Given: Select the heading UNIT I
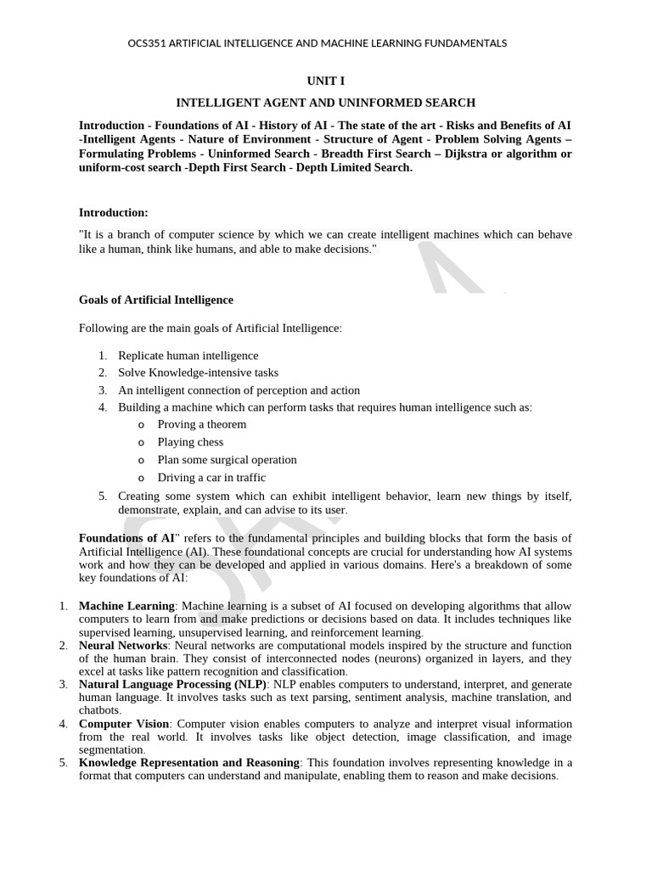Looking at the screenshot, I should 325,81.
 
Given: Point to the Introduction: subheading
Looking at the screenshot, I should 114,212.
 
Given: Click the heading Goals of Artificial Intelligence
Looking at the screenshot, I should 156,300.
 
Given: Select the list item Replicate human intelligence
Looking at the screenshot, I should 188,356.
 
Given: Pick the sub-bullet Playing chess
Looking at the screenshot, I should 190,442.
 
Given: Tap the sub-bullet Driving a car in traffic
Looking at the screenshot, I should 211,478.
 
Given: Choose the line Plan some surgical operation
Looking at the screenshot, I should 227,460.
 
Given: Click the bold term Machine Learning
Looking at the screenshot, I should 126,606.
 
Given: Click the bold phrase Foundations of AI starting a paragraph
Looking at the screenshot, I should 126,538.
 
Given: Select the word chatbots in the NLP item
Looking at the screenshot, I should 99,710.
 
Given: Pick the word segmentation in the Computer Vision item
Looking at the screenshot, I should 111,750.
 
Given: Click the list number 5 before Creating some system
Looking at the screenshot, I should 102,496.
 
